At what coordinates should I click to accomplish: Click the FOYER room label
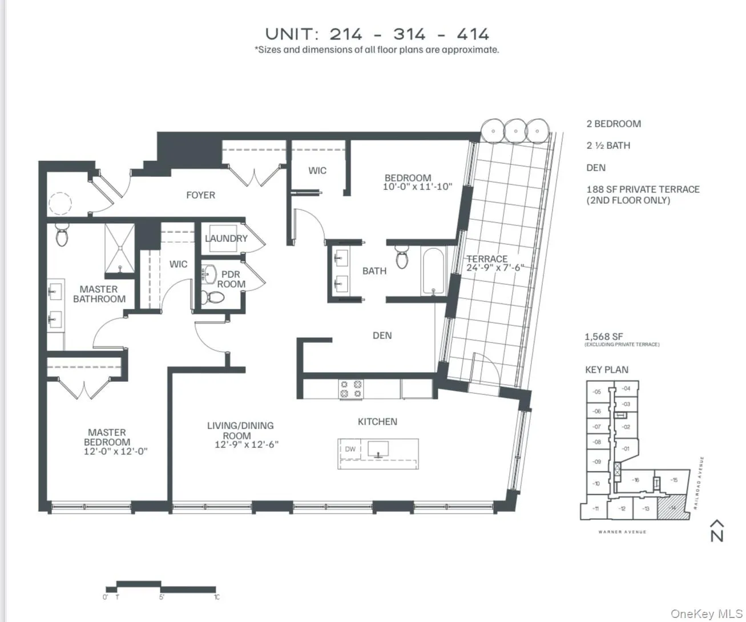[200, 195]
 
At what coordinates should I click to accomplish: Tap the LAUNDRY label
[226, 239]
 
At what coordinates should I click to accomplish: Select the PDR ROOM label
[231, 279]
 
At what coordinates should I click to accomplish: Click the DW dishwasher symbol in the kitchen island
[350, 449]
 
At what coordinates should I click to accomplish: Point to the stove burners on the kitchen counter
[351, 389]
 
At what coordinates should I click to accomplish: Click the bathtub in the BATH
[435, 271]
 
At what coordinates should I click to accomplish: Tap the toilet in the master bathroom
[62, 235]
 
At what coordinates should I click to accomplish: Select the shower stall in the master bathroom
[120, 249]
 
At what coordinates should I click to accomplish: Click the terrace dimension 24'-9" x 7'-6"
[494, 268]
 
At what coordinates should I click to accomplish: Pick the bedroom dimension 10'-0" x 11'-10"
[417, 187]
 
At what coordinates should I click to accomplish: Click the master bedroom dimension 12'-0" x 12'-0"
[115, 451]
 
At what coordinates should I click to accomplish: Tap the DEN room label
[382, 336]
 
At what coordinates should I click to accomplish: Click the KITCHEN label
[377, 422]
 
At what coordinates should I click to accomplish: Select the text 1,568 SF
[603, 337]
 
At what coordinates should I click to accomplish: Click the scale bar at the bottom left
[162, 588]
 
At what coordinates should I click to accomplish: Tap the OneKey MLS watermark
[706, 614]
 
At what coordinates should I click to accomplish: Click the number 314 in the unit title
[409, 34]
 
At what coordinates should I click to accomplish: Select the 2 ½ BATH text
[608, 146]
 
